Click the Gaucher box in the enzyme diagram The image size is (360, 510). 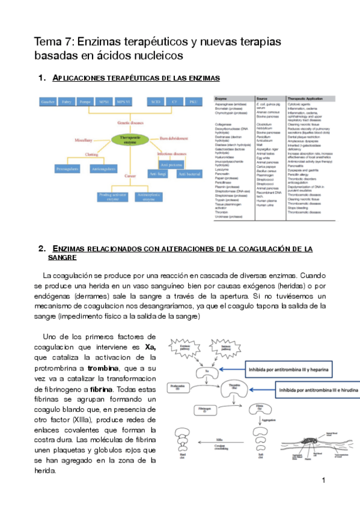(47, 102)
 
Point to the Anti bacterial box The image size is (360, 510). (191, 174)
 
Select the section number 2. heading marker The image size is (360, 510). (41, 248)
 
